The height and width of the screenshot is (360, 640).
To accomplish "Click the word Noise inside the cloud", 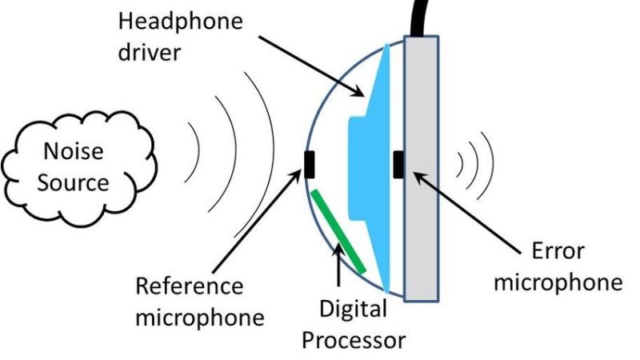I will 74,151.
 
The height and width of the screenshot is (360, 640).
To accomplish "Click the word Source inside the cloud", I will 74,182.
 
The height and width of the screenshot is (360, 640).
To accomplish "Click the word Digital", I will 353,308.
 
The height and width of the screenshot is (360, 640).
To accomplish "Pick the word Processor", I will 353,339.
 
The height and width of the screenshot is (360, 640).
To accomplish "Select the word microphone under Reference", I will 199,317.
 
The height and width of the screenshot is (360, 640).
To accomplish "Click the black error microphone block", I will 398,163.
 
